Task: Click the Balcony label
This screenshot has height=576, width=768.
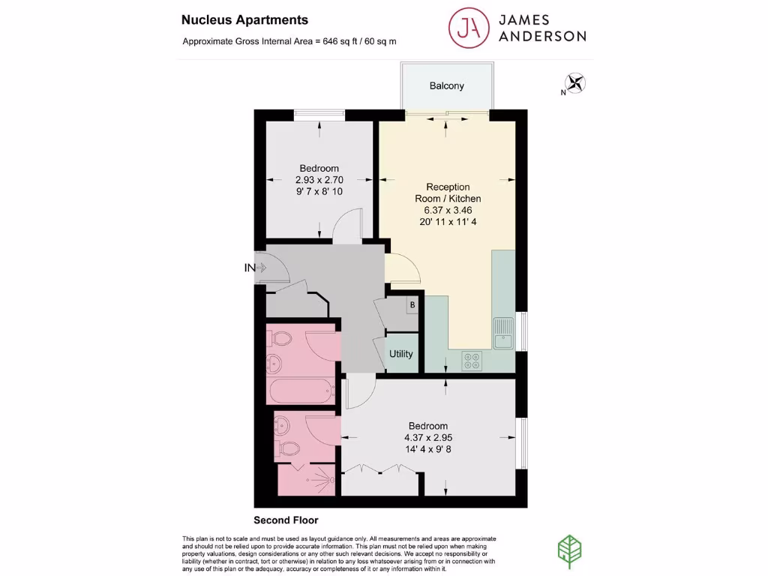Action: pyautogui.click(x=446, y=85)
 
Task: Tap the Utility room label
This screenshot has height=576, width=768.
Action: pyautogui.click(x=400, y=353)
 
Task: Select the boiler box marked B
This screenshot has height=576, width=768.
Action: pyautogui.click(x=411, y=305)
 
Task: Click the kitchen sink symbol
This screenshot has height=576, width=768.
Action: pyautogui.click(x=502, y=333)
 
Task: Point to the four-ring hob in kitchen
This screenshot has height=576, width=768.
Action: pyautogui.click(x=474, y=361)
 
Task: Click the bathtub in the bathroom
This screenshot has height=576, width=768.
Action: pyautogui.click(x=299, y=391)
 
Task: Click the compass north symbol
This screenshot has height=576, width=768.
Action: pyautogui.click(x=576, y=83)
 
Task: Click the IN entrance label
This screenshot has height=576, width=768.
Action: pyautogui.click(x=250, y=267)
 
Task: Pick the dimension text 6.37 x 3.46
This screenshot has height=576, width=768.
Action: pyautogui.click(x=448, y=210)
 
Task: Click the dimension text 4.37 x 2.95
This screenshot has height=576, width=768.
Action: pyautogui.click(x=428, y=438)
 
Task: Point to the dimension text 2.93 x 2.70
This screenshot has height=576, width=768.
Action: pyautogui.click(x=319, y=180)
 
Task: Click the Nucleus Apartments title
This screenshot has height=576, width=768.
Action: pyautogui.click(x=234, y=20)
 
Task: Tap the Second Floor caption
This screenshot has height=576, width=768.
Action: pyautogui.click(x=286, y=520)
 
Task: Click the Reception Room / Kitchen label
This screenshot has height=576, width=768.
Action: pyautogui.click(x=448, y=193)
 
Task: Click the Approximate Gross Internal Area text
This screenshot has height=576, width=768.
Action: pyautogui.click(x=289, y=41)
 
